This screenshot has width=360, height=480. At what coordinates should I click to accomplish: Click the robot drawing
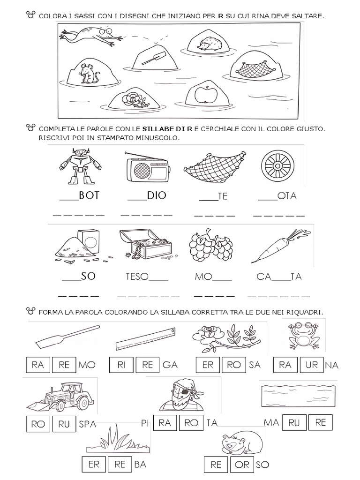coord(80,165)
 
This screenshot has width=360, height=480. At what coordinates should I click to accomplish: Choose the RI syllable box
coord(121,365)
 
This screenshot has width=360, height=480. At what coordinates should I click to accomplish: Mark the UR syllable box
coord(311,365)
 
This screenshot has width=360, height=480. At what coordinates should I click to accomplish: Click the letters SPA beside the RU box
coord(88,424)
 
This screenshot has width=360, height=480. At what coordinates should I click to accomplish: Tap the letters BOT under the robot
coord(89,196)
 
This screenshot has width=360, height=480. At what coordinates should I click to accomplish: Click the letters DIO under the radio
coord(157,196)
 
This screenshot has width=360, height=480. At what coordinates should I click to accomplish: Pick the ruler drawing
coord(146,339)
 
